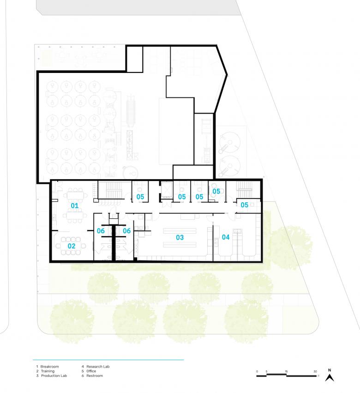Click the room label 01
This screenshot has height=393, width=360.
(74, 206)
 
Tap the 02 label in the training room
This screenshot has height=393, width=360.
(72, 246)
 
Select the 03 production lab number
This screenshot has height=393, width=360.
(180, 237)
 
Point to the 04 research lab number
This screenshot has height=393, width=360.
(226, 237)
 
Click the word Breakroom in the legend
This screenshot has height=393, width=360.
(49, 366)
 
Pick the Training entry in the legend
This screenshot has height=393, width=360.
(48, 371)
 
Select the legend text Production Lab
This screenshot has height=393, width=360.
(54, 375)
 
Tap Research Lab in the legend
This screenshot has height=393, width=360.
(98, 366)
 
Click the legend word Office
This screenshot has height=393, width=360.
(91, 371)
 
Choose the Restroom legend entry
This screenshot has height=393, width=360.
(95, 375)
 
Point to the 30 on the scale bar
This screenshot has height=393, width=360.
(315, 371)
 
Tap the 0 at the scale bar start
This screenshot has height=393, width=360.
(257, 371)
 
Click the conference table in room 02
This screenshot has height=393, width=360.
(71, 246)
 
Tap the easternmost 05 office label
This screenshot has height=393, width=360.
(244, 205)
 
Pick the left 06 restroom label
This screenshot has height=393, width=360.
(101, 230)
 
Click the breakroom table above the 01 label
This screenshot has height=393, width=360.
(75, 195)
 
